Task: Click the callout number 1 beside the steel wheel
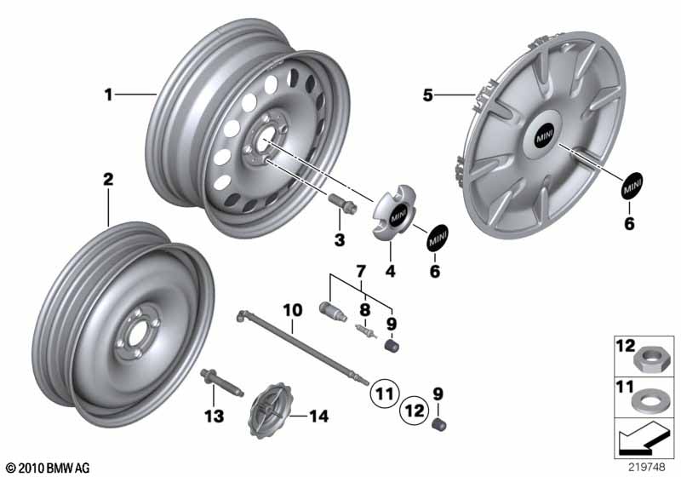(108, 95)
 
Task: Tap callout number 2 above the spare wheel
(108, 179)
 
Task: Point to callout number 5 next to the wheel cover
(428, 95)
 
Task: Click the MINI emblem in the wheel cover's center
(544, 138)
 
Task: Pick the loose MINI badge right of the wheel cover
(632, 187)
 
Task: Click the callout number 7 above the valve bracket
(361, 272)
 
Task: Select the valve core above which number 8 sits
(365, 331)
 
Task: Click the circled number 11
(385, 394)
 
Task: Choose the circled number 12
(415, 410)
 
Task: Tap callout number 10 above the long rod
(292, 311)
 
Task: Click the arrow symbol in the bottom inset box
(643, 437)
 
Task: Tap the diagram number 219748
(646, 467)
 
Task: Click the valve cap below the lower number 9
(440, 424)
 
